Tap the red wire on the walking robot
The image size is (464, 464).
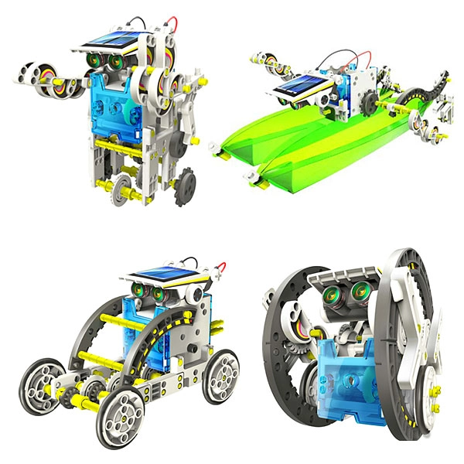pos(176,22)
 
